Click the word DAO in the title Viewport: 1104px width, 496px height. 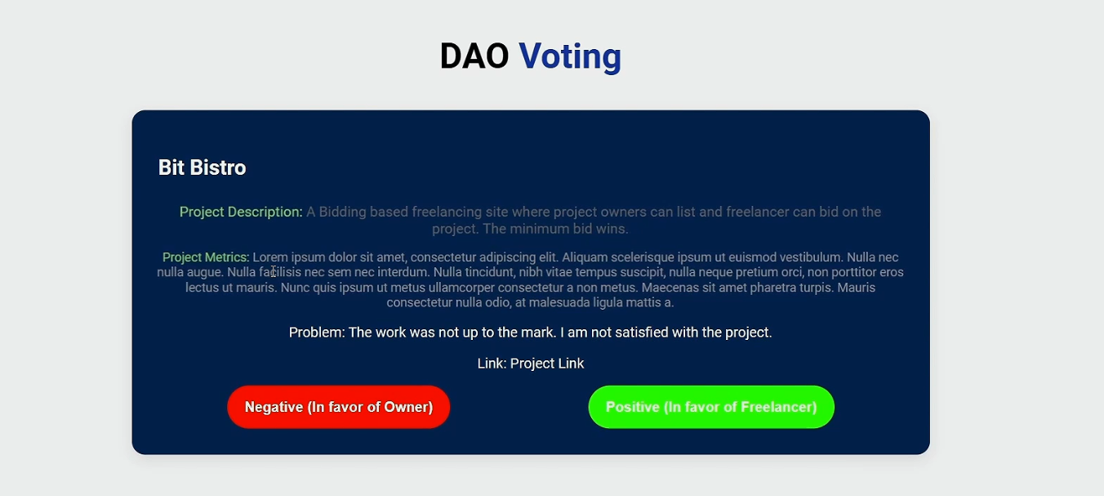point(474,56)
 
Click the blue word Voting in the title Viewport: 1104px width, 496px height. point(570,57)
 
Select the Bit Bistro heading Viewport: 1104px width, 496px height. point(202,168)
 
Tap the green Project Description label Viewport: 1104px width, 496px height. point(241,212)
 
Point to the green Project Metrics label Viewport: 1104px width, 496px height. point(206,257)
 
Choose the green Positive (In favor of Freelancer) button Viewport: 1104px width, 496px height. point(711,407)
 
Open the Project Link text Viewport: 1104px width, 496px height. point(547,364)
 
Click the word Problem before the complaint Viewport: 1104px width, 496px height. point(315,333)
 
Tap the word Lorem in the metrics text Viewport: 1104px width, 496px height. point(270,257)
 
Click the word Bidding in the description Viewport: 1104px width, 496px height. point(342,212)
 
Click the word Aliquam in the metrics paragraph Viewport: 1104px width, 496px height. point(585,257)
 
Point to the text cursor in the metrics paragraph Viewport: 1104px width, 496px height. point(273,271)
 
